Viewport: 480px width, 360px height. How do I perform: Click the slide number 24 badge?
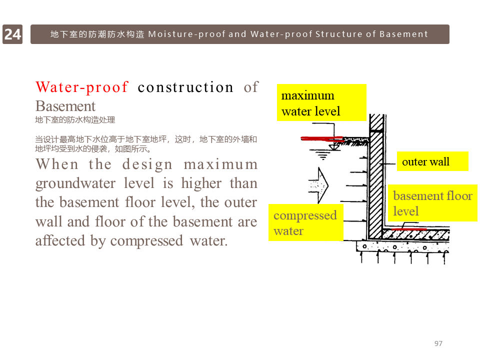coord(12,34)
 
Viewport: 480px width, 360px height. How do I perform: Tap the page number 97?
coord(438,343)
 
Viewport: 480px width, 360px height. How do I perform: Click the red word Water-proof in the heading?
coord(82,87)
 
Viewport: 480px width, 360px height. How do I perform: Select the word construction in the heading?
coord(185,87)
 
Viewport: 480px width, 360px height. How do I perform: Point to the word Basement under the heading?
coord(65,106)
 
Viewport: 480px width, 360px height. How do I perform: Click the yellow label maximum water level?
coord(321,102)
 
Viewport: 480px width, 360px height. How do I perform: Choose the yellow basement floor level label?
coord(432,203)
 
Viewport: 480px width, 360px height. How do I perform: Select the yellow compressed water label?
coord(305,222)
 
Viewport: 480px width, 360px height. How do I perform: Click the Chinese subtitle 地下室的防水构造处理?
coord(75,120)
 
